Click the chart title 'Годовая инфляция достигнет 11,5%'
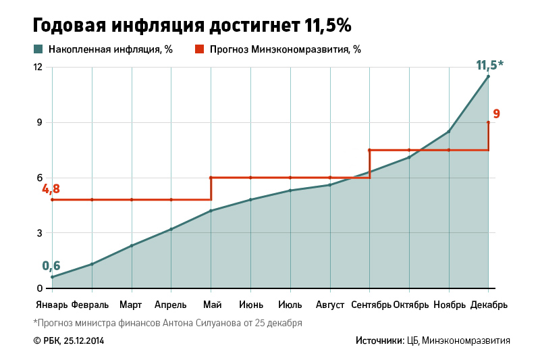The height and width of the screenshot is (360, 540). (192, 26)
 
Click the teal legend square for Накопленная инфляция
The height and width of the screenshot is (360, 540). (38, 49)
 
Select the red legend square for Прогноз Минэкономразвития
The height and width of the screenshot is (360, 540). (199, 49)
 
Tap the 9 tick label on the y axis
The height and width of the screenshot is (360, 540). (40, 123)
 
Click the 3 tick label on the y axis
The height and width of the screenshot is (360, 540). (40, 234)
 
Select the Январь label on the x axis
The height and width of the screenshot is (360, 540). (51, 305)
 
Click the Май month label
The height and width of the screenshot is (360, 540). (211, 305)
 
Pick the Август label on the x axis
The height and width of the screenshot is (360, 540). (330, 305)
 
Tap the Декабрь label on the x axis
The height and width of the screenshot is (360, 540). (489, 305)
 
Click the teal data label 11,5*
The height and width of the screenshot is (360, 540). (489, 66)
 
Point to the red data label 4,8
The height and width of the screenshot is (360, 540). (51, 189)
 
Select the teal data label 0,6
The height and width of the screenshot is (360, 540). (51, 265)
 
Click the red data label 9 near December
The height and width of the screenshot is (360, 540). (496, 113)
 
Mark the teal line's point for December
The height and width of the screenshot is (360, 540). (488, 76)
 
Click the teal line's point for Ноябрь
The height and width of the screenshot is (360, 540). (449, 131)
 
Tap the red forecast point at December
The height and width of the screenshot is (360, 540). (488, 122)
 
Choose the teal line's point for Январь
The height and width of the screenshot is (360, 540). (52, 277)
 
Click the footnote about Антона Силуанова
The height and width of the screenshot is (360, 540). (167, 323)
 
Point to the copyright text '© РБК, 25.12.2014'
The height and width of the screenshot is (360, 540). (68, 341)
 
